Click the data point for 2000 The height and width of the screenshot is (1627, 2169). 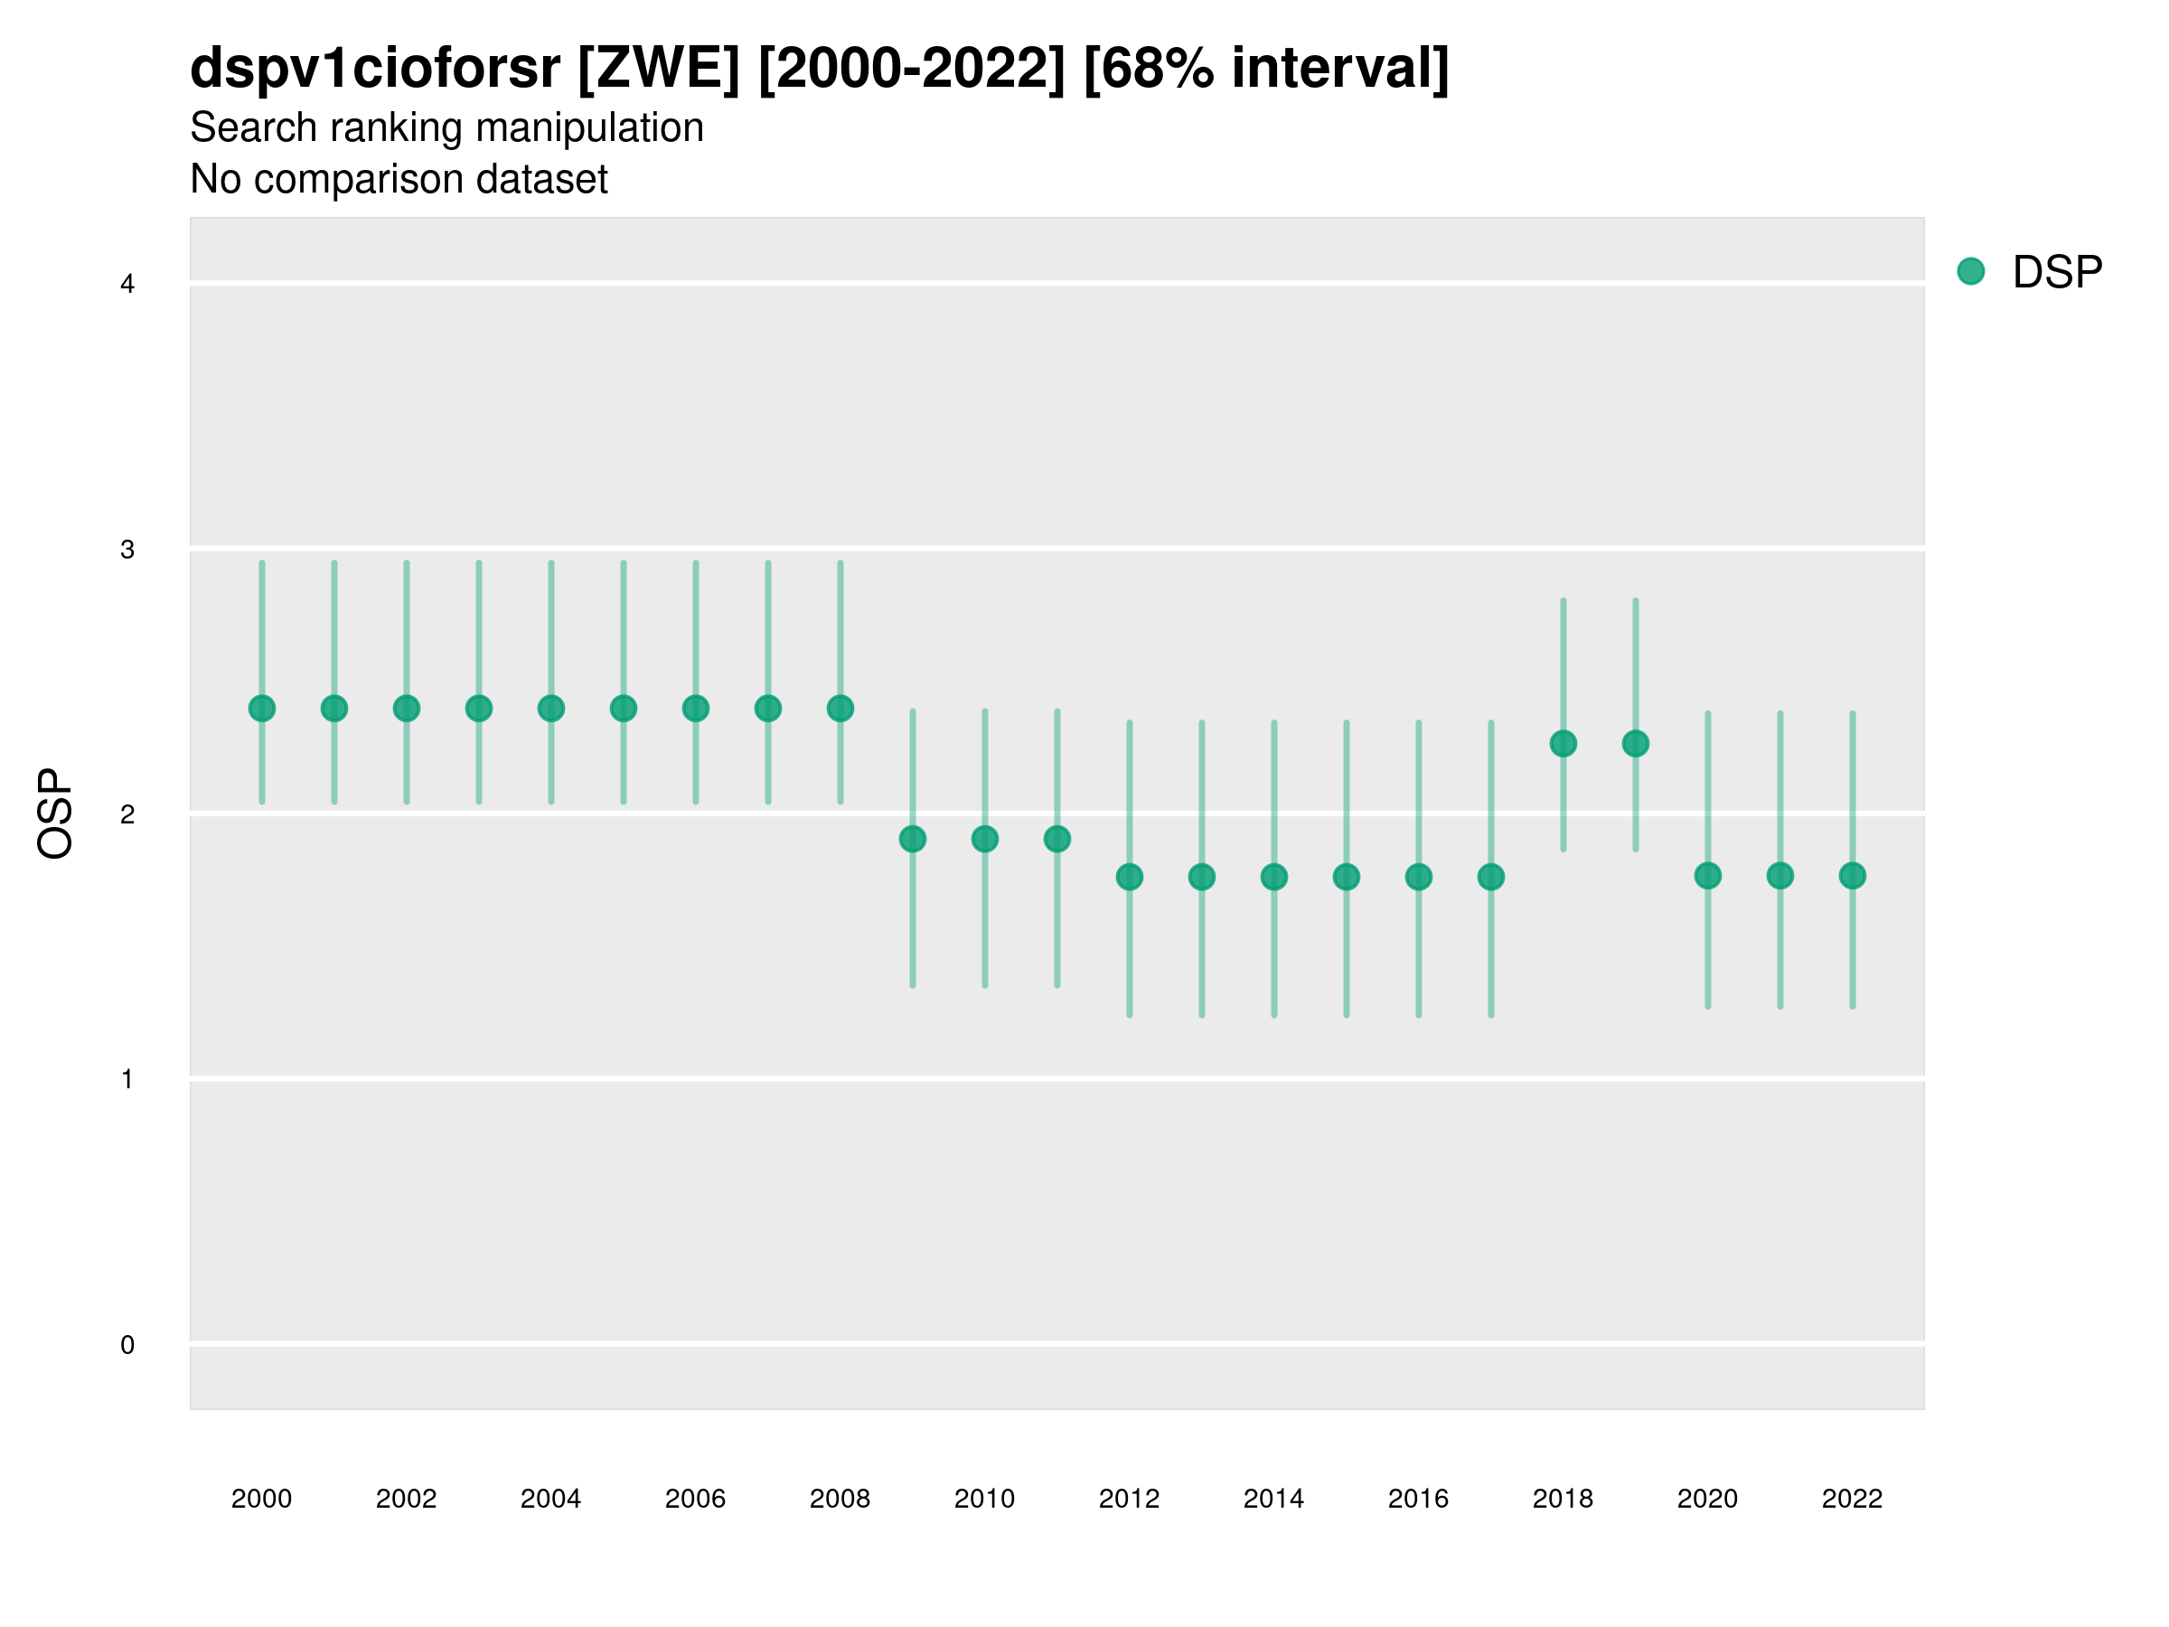pyautogui.click(x=262, y=708)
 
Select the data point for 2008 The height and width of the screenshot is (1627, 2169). pyautogui.click(x=840, y=708)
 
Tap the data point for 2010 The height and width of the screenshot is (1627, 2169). pyautogui.click(x=984, y=839)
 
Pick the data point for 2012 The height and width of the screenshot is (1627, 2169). pyautogui.click(x=1130, y=877)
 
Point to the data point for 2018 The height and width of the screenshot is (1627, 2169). pyautogui.click(x=1563, y=743)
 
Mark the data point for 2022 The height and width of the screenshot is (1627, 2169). pyautogui.click(x=1853, y=876)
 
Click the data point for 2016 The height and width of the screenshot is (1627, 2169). pyautogui.click(x=1419, y=877)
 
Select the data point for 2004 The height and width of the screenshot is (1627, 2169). pyautogui.click(x=551, y=708)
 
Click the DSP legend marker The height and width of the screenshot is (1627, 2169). pyautogui.click(x=1970, y=270)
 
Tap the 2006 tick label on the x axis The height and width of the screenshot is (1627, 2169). pyautogui.click(x=695, y=1499)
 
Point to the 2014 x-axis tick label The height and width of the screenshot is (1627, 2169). pyautogui.click(x=1273, y=1499)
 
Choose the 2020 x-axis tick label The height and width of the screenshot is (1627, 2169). pyautogui.click(x=1707, y=1499)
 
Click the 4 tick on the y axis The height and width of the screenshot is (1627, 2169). pyautogui.click(x=127, y=285)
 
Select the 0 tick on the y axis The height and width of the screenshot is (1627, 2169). pyautogui.click(x=127, y=1345)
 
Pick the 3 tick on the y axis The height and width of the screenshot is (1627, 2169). pyautogui.click(x=127, y=550)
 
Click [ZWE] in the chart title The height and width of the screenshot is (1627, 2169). pyautogui.click(x=659, y=69)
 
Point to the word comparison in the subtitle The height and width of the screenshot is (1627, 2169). pyautogui.click(x=382, y=180)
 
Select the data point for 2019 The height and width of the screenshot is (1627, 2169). pyautogui.click(x=1636, y=743)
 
